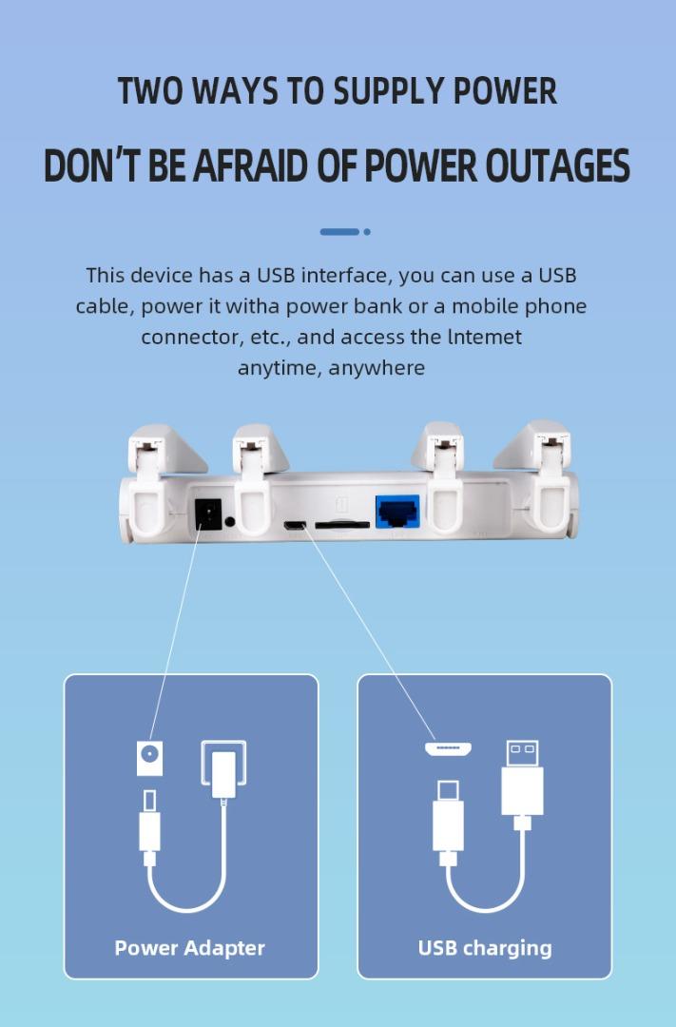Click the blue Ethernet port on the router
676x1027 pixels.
click(397, 512)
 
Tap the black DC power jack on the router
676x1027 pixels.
click(207, 514)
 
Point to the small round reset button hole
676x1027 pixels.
click(230, 522)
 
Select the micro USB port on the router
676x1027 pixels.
click(295, 525)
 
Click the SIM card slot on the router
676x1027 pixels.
click(342, 525)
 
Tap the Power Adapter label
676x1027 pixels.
click(190, 948)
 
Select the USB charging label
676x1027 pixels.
click(485, 948)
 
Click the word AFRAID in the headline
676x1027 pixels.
click(249, 165)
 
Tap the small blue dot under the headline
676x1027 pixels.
click(367, 232)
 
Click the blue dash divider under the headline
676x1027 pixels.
click(339, 232)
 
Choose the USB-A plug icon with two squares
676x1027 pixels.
click(522, 778)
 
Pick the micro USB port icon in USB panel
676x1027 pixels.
click(449, 748)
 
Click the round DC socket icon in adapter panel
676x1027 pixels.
click(149, 759)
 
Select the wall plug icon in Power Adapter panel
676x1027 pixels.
click(224, 768)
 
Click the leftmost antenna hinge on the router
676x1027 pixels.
click(149, 478)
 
